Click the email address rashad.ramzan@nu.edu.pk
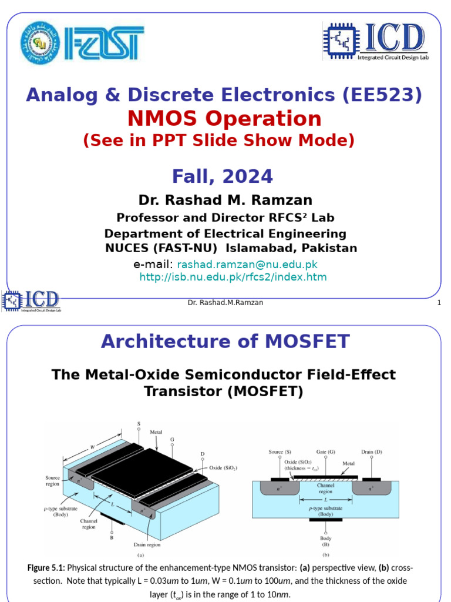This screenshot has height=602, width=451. tap(247, 265)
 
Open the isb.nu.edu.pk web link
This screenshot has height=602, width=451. tap(233, 277)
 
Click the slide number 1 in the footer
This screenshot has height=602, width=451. tap(439, 302)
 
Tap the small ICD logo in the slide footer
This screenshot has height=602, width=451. tap(33, 301)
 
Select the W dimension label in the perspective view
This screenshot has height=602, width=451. tap(92, 447)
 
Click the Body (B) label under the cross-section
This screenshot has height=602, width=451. tap(325, 541)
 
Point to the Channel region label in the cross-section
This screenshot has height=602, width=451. tap(325, 489)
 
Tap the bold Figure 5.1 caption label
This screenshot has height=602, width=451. tap(46, 568)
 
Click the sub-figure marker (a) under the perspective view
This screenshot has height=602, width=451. tap(140, 554)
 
